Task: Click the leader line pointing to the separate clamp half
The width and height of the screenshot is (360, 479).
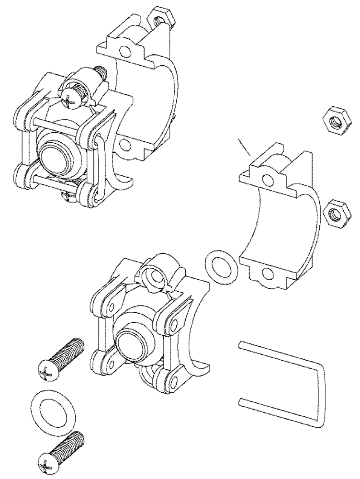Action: tap(244, 148)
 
